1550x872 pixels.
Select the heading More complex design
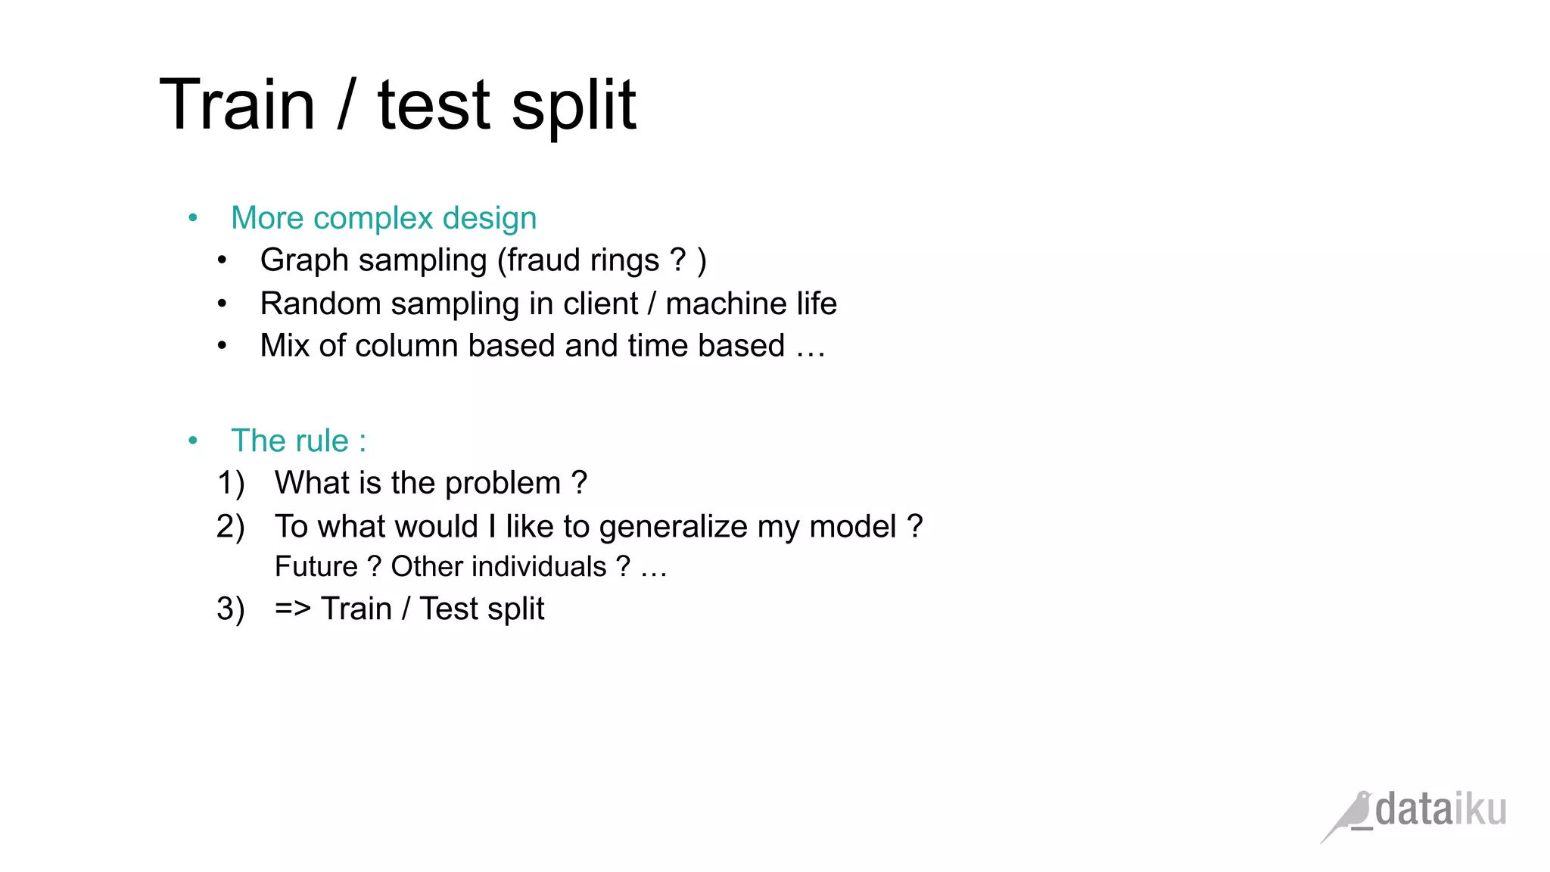click(384, 218)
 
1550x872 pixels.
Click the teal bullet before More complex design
click(193, 218)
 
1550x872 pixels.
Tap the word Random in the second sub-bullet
click(320, 304)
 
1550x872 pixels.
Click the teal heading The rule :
click(298, 441)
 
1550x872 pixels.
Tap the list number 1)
click(231, 483)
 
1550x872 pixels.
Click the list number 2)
click(231, 526)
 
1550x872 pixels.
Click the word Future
click(316, 566)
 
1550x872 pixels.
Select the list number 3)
click(231, 609)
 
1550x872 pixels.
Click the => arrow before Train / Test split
click(292, 609)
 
